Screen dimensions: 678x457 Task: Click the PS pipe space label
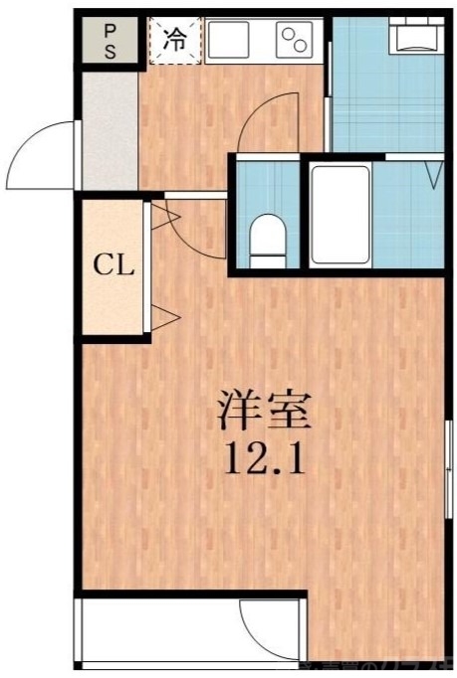[x=110, y=42]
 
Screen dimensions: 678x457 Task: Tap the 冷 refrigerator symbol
[x=175, y=41]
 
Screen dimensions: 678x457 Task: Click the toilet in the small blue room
[x=267, y=239]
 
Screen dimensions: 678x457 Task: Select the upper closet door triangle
[x=165, y=215]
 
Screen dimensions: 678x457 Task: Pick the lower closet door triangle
[x=165, y=318]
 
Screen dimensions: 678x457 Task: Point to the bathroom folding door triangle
[x=434, y=175]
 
